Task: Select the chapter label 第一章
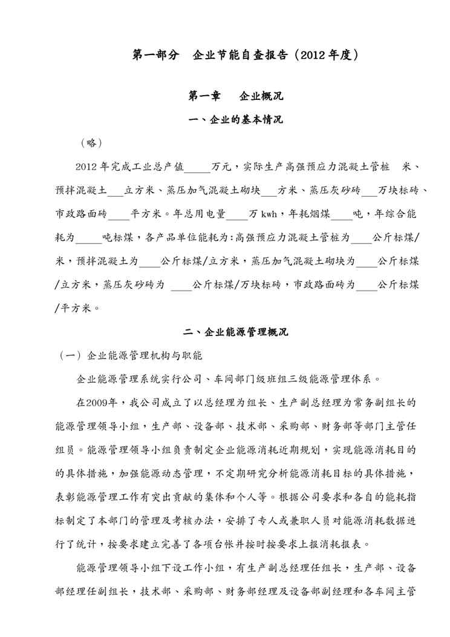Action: [x=206, y=96]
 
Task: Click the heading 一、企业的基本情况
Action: [x=236, y=120]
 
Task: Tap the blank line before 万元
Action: [x=197, y=168]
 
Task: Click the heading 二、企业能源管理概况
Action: [x=236, y=332]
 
